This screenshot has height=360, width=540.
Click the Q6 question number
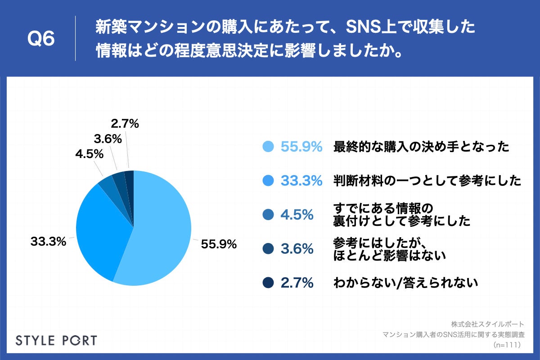[x=41, y=39]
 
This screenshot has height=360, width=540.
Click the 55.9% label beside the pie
[x=219, y=244]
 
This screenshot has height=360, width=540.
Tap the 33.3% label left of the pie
[x=49, y=241]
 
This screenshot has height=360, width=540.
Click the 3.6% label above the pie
[x=108, y=139]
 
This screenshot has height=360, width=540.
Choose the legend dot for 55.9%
[x=268, y=147]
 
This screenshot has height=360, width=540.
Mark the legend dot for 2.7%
[x=268, y=283]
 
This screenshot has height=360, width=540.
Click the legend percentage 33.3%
[x=301, y=181]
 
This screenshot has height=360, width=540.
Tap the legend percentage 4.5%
[x=297, y=215]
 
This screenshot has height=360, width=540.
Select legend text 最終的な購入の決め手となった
[x=421, y=147]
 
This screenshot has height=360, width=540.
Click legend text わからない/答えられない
[x=405, y=283]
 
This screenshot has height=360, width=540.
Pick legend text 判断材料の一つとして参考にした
[x=427, y=181]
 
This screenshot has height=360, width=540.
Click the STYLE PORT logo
[x=56, y=340]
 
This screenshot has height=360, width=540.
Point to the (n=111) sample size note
[x=507, y=345]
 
